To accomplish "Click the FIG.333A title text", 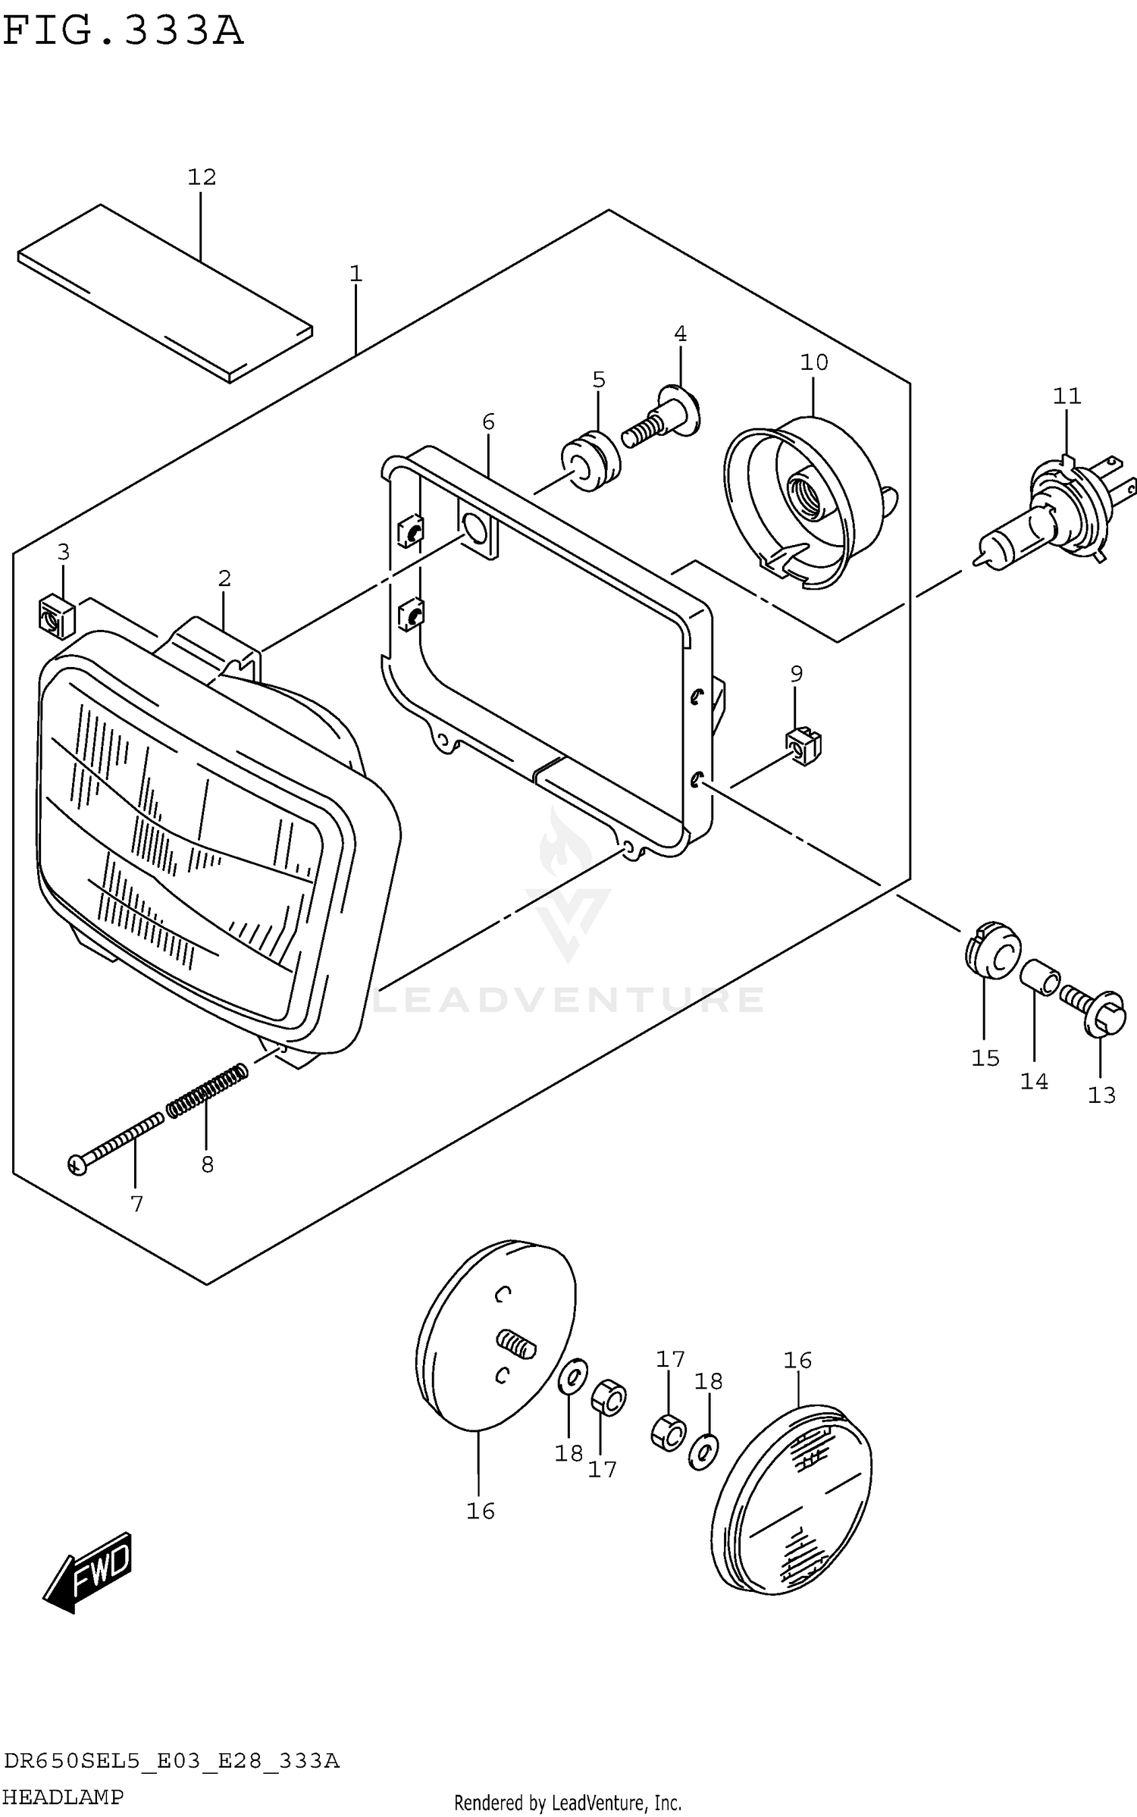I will (123, 32).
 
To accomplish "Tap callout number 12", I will (202, 177).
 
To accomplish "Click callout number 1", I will (356, 274).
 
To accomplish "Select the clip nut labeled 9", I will (803, 747).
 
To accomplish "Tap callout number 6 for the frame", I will (488, 421).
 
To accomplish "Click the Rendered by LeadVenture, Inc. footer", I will (568, 1803).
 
